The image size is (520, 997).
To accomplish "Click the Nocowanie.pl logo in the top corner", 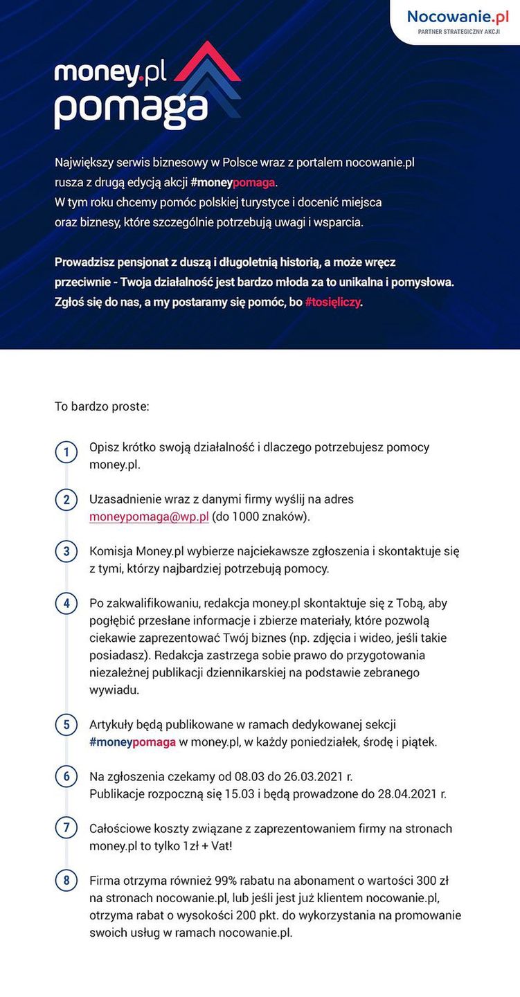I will click(x=458, y=17).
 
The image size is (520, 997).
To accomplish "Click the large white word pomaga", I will click(x=131, y=107).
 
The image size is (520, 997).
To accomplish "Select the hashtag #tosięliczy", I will click(x=333, y=303).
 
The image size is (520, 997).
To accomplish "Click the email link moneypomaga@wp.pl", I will click(x=149, y=517).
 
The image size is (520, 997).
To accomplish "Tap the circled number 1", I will click(x=66, y=453).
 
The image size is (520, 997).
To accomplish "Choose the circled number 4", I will click(x=66, y=604).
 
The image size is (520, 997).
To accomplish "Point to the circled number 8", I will click(x=66, y=881).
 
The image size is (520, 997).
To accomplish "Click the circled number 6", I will click(x=66, y=777).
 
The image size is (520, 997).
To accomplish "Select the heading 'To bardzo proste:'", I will click(x=102, y=406).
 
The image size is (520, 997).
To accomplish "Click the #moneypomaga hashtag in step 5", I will click(x=132, y=742).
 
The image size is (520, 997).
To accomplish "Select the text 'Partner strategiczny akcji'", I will click(x=458, y=32).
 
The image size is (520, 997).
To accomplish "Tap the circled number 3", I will click(x=66, y=552).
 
